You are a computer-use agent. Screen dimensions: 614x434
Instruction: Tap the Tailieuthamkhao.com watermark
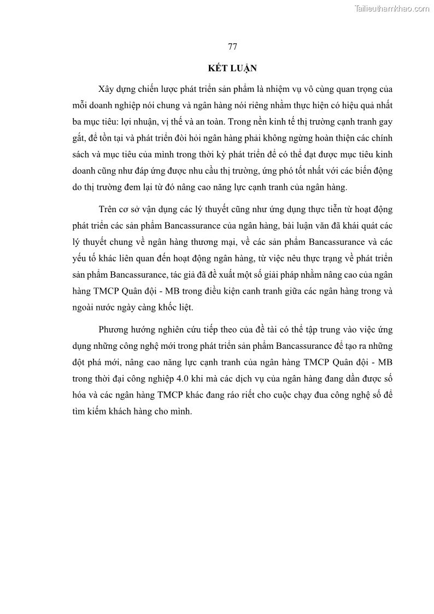click(392, 8)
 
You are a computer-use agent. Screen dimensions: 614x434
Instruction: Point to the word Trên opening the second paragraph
click(109, 209)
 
